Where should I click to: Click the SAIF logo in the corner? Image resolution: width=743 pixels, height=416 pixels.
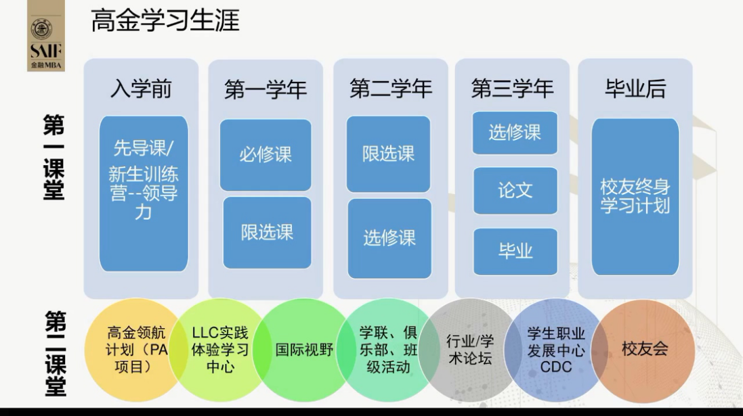46,36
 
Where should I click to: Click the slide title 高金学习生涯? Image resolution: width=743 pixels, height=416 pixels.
165,21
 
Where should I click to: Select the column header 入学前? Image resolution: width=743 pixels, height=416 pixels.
141,89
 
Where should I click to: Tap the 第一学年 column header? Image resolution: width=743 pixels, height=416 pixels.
266,89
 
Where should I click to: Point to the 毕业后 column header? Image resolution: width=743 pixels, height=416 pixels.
635,89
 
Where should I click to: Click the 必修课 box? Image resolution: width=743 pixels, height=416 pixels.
266,155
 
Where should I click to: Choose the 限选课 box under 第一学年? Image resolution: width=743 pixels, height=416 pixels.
268,233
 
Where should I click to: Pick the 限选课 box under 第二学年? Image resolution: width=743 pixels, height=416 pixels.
389,154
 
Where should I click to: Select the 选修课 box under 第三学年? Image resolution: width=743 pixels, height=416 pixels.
515,133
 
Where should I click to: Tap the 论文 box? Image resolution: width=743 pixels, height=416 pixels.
515,190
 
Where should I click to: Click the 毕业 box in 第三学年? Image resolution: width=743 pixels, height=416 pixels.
515,252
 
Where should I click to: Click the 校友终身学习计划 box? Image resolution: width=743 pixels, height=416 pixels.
635,196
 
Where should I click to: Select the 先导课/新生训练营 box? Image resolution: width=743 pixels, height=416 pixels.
144,193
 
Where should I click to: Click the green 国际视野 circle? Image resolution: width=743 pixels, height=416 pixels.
304,350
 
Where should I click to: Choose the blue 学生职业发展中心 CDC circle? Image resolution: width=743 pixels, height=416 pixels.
556,350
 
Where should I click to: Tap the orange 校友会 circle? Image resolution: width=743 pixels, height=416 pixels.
643,350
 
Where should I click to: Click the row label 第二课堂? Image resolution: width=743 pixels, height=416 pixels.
56,353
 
